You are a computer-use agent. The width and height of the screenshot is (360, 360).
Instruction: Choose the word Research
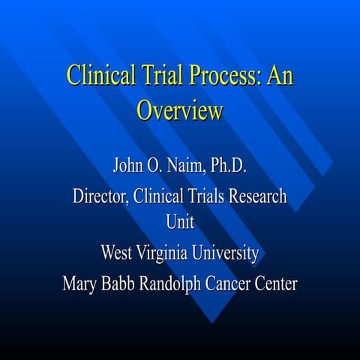coord(257,196)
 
